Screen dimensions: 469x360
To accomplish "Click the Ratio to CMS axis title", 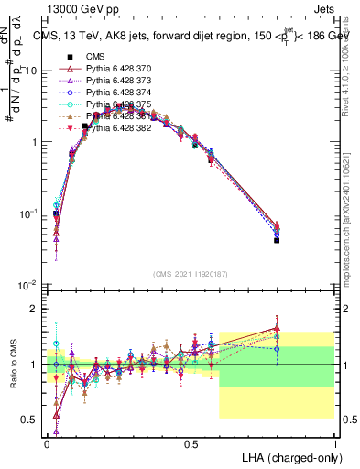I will (x=13, y=365).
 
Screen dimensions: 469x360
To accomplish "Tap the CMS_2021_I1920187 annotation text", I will (x=190, y=273).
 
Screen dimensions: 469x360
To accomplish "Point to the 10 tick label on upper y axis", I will (x=31, y=71).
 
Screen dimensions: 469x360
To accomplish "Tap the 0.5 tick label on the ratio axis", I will (x=29, y=420).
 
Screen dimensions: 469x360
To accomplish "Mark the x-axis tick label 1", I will (x=334, y=443).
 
